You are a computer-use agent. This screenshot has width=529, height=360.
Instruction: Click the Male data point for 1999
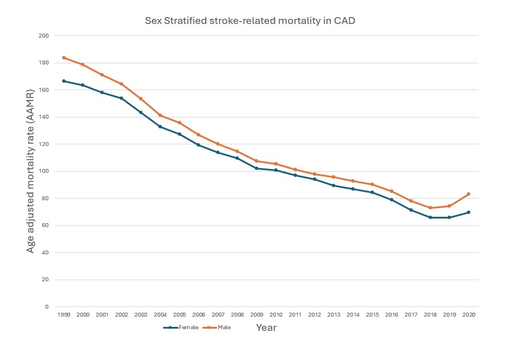(63, 58)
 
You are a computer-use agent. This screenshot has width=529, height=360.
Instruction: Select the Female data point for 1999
(63, 81)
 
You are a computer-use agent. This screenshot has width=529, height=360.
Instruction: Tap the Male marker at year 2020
(468, 194)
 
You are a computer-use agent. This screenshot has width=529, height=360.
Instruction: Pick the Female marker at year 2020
(468, 212)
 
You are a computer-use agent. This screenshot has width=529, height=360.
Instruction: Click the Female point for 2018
(430, 217)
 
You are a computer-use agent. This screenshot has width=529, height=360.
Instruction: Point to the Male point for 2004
(160, 116)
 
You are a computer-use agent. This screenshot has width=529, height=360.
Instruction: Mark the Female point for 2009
(256, 168)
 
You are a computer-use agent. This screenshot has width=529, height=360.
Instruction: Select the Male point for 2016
(391, 191)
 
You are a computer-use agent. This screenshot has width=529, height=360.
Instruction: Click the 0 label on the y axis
(46, 307)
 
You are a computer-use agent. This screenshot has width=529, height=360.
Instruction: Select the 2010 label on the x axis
(275, 314)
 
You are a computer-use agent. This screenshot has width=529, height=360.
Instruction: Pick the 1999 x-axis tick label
(63, 314)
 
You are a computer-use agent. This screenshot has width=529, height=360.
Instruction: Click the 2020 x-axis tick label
(468, 314)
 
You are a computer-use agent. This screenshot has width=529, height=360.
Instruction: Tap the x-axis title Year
(266, 328)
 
